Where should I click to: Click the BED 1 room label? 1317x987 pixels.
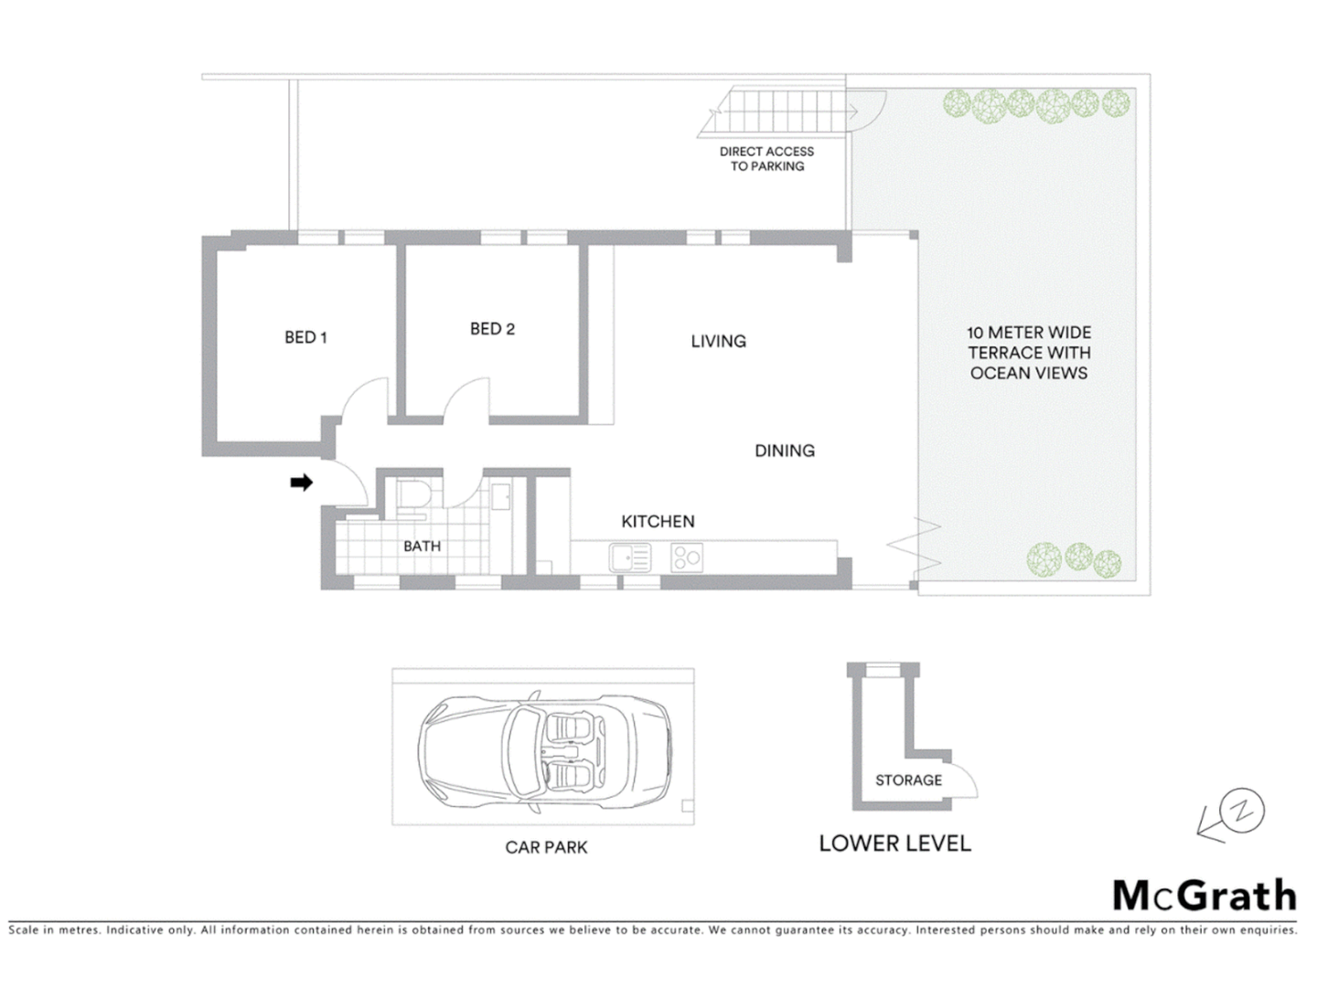(305, 337)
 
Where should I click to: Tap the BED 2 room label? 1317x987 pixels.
(492, 329)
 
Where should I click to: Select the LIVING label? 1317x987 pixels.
(718, 341)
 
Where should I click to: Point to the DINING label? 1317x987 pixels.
(784, 451)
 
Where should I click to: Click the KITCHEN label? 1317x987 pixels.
(658, 521)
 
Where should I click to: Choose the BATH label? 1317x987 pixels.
(422, 546)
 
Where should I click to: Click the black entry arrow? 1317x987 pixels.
(301, 482)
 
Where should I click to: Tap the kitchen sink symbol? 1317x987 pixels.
(630, 557)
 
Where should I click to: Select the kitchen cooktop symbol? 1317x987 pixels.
(687, 557)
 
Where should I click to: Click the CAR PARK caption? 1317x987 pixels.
(546, 847)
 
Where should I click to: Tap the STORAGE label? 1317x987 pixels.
(908, 780)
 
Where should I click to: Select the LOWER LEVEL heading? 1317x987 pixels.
(894, 844)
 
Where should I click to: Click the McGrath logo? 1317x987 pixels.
(1204, 895)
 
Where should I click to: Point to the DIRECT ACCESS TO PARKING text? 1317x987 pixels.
(766, 159)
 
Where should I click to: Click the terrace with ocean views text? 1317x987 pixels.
(1029, 353)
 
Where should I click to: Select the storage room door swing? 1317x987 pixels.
(962, 780)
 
